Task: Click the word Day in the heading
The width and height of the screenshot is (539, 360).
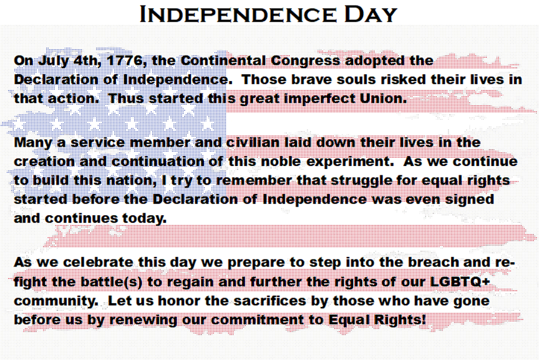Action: point(371,14)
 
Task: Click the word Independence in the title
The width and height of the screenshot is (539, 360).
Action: point(238,14)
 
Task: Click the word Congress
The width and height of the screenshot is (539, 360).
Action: point(306,61)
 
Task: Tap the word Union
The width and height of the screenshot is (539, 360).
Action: point(383,99)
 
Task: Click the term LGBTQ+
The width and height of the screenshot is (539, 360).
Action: point(460,281)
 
